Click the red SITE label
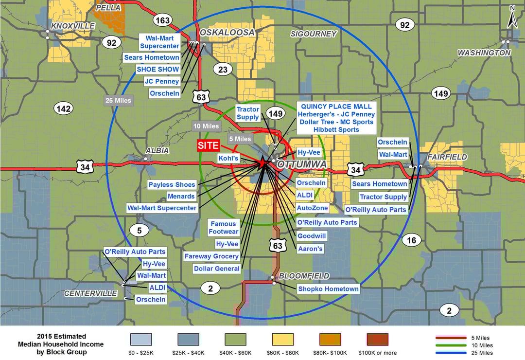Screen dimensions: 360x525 coord(208,145)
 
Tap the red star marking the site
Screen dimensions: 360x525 coord(263,162)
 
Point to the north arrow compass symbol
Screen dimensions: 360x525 coord(512,17)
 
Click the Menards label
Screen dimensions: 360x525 coord(181,197)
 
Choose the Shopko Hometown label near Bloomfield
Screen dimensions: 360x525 coord(329,289)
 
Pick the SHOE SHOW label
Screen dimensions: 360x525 coord(158,70)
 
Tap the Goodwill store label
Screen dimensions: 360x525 coord(311,236)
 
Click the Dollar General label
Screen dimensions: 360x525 coord(217,269)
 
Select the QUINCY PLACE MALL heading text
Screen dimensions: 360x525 coord(336,107)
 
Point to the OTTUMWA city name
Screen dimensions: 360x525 coord(302,165)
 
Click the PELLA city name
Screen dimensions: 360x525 coord(108,8)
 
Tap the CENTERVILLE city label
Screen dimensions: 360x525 coord(91,293)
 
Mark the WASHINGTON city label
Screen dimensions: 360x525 coord(484,53)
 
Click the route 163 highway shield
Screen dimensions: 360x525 coord(162,20)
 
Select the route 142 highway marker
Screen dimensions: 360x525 coord(63,108)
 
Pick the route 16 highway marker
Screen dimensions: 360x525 coord(411,239)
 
